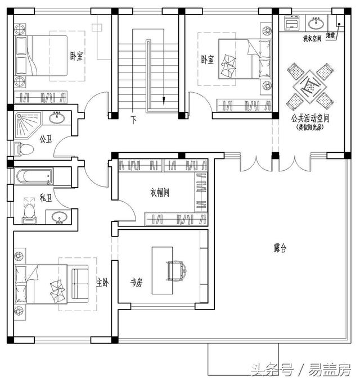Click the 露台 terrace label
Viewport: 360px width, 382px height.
[280, 247]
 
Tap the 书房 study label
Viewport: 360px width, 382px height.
[136, 283]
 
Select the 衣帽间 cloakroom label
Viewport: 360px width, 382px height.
[159, 193]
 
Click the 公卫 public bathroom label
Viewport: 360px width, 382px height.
[46, 138]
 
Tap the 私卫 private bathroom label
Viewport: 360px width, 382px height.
[46, 198]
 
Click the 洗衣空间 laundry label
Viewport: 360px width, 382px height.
[312, 39]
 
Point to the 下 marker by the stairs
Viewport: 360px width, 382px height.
[134, 119]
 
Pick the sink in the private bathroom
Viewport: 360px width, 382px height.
[58, 217]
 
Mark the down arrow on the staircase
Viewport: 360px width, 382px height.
[164, 100]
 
